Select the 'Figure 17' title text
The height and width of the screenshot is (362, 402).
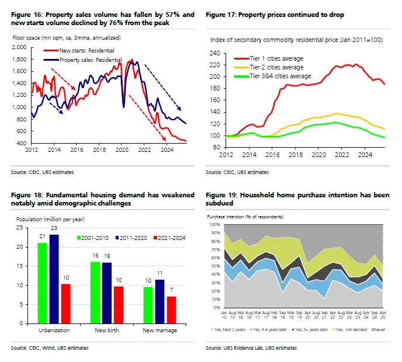[275, 15]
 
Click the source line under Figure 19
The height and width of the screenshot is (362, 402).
[251, 347]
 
